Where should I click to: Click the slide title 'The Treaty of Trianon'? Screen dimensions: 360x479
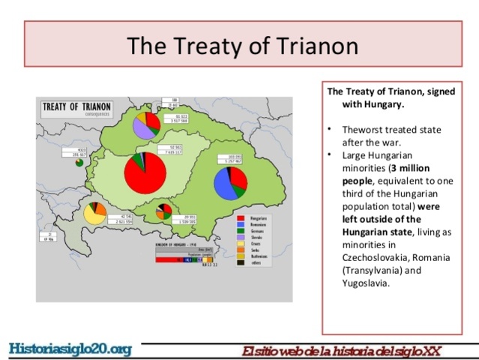coord(242,46)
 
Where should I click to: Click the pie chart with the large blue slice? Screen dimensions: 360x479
coord(230,182)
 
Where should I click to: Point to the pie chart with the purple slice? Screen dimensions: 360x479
coord(146,124)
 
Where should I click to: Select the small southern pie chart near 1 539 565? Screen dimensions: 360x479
coord(164,211)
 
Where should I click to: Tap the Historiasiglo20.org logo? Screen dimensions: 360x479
coord(70,349)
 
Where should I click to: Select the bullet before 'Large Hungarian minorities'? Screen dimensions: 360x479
coord(330,155)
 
